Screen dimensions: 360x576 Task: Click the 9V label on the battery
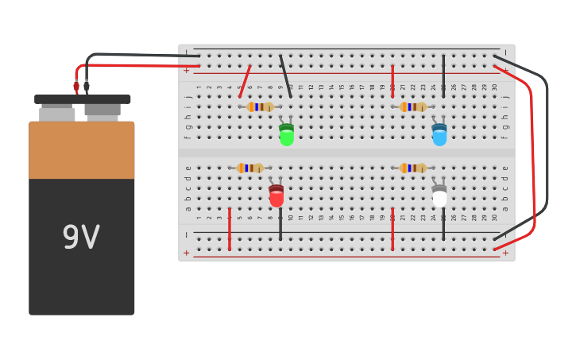pyautogui.click(x=81, y=238)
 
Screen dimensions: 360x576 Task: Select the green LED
pyautogui.click(x=286, y=134)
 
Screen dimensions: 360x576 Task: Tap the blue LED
pyautogui.click(x=439, y=134)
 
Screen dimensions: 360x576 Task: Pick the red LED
pyautogui.click(x=276, y=195)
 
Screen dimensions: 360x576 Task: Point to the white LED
pyautogui.click(x=439, y=195)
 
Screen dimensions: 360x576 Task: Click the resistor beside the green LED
pyautogui.click(x=260, y=106)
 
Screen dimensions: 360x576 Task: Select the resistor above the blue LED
pyautogui.click(x=413, y=106)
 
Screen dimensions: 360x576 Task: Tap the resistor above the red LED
pyautogui.click(x=250, y=168)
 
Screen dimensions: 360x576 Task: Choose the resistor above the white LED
pyautogui.click(x=413, y=168)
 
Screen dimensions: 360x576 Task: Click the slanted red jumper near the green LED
pyautogui.click(x=245, y=82)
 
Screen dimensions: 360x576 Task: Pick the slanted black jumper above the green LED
pyautogui.click(x=285, y=76)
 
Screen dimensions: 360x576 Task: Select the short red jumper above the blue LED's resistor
pyautogui.click(x=392, y=81)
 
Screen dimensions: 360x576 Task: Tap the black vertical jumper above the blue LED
pyautogui.click(x=443, y=76)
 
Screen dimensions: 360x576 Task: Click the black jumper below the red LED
pyautogui.click(x=280, y=224)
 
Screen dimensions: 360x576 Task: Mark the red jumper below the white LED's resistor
pyautogui.click(x=392, y=229)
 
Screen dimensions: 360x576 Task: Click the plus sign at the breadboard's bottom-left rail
pyautogui.click(x=187, y=254)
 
